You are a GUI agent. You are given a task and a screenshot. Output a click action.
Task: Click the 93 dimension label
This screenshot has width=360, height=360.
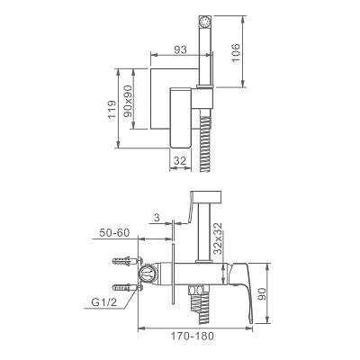[180, 49]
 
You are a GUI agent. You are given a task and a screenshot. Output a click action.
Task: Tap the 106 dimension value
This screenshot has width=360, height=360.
[236, 53]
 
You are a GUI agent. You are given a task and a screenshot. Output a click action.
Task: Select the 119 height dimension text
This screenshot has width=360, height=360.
[112, 110]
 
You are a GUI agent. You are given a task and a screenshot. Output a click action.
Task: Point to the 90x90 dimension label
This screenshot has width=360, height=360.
[128, 101]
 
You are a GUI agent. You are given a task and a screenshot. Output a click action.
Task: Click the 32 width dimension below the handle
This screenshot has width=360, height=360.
[180, 161]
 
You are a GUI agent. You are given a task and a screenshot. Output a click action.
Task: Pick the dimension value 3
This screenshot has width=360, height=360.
[157, 218]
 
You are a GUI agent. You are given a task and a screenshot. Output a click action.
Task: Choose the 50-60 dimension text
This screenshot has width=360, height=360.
[115, 232]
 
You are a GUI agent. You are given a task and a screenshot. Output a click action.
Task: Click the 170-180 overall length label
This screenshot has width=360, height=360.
[193, 336]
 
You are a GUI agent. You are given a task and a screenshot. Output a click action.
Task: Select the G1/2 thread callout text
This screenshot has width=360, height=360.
[103, 302]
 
